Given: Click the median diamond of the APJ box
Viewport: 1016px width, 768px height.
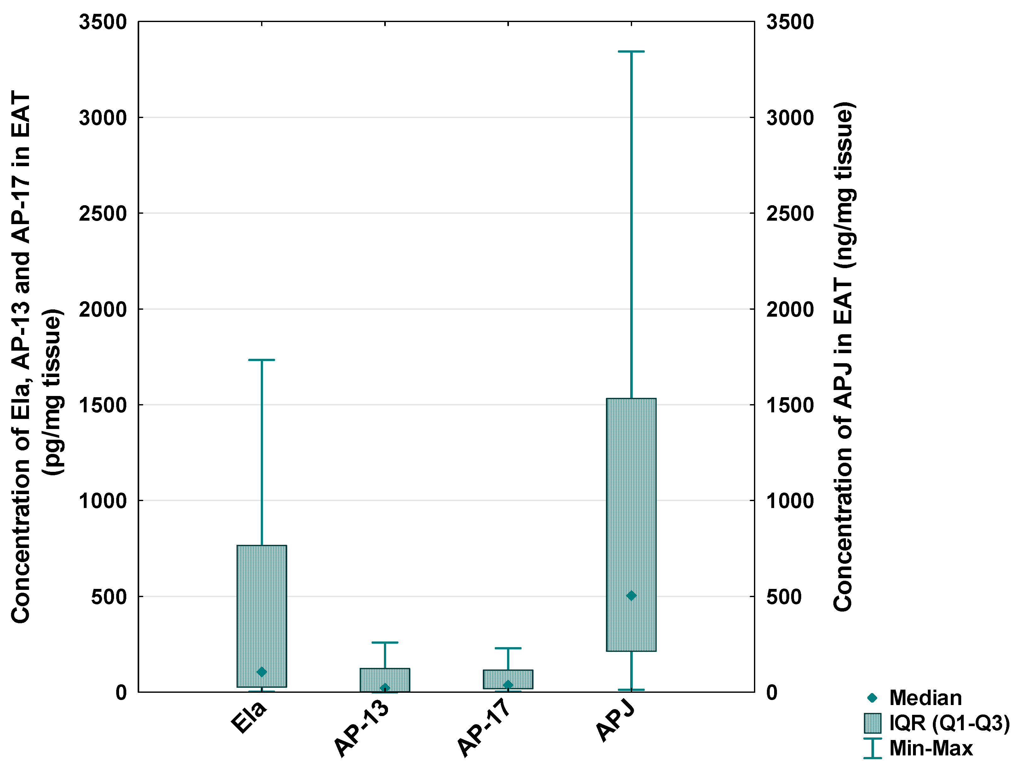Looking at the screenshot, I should (631, 596).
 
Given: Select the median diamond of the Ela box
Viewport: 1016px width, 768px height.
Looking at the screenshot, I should (262, 672).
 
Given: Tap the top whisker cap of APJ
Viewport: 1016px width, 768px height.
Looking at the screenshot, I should (631, 51).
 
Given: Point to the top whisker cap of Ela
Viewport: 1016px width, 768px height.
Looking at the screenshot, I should (262, 360).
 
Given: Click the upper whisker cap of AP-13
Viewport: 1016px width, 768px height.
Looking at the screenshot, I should (385, 642).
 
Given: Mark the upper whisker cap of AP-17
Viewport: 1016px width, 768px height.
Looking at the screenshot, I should (508, 648).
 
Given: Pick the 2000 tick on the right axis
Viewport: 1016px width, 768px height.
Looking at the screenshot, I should (790, 309).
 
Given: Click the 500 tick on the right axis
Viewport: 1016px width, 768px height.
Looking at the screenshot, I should (784, 597).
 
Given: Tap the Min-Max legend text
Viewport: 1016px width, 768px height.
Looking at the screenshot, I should (931, 748).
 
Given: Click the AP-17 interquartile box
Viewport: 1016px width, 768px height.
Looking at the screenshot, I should (508, 680).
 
